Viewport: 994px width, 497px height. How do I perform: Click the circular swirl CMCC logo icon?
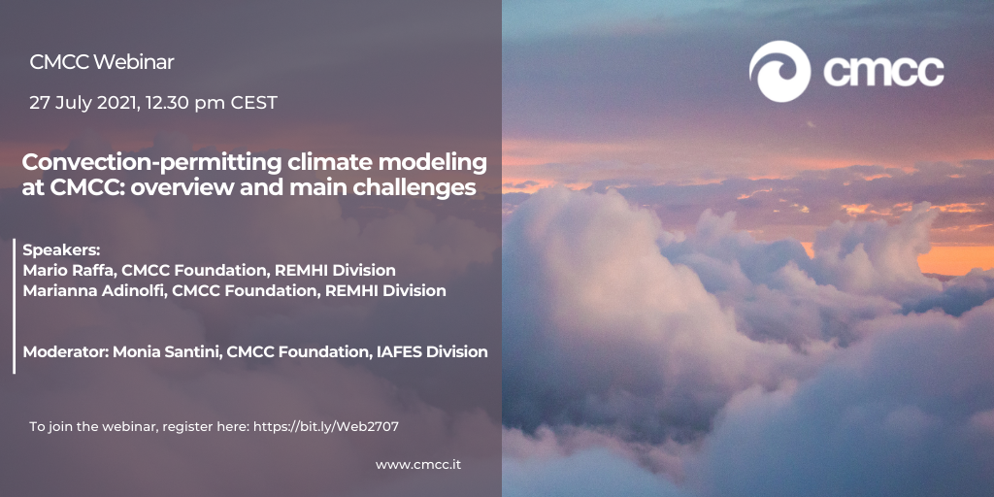coord(779,71)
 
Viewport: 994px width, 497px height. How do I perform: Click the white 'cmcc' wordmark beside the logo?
coord(883,71)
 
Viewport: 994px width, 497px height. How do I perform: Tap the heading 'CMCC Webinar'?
coord(101,62)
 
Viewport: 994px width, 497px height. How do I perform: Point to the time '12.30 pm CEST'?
coord(212,103)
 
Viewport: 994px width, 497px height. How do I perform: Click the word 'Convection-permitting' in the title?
coord(151,163)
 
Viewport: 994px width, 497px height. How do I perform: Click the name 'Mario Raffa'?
coord(69,271)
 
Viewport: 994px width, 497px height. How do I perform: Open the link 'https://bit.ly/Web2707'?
coord(326,427)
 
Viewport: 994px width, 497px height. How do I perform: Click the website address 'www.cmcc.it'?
coord(418,465)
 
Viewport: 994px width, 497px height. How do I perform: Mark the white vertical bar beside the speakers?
coord(14,306)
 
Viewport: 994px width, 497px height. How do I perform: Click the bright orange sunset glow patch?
coord(954,258)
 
